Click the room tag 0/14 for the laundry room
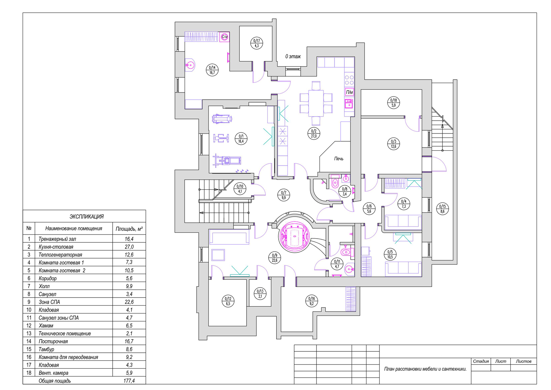tap(212, 70)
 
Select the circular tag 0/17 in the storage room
tap(257, 43)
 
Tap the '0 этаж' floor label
tap(293, 57)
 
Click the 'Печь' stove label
tap(339, 159)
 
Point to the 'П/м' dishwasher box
tap(349, 92)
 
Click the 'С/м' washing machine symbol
tap(224, 37)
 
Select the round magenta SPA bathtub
tap(295, 237)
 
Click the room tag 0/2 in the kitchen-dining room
tap(314, 133)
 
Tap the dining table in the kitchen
tap(316, 103)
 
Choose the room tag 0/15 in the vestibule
tap(442, 209)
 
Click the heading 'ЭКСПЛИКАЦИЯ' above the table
tap(86, 217)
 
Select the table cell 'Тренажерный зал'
tap(57, 239)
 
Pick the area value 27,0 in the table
tap(129, 247)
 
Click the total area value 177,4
tap(129, 381)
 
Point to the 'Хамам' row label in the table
tap(46, 326)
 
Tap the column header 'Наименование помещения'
tap(74, 228)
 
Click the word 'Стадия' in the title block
tap(481, 361)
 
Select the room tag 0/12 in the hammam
tap(228, 301)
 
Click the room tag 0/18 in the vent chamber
tap(393, 102)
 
